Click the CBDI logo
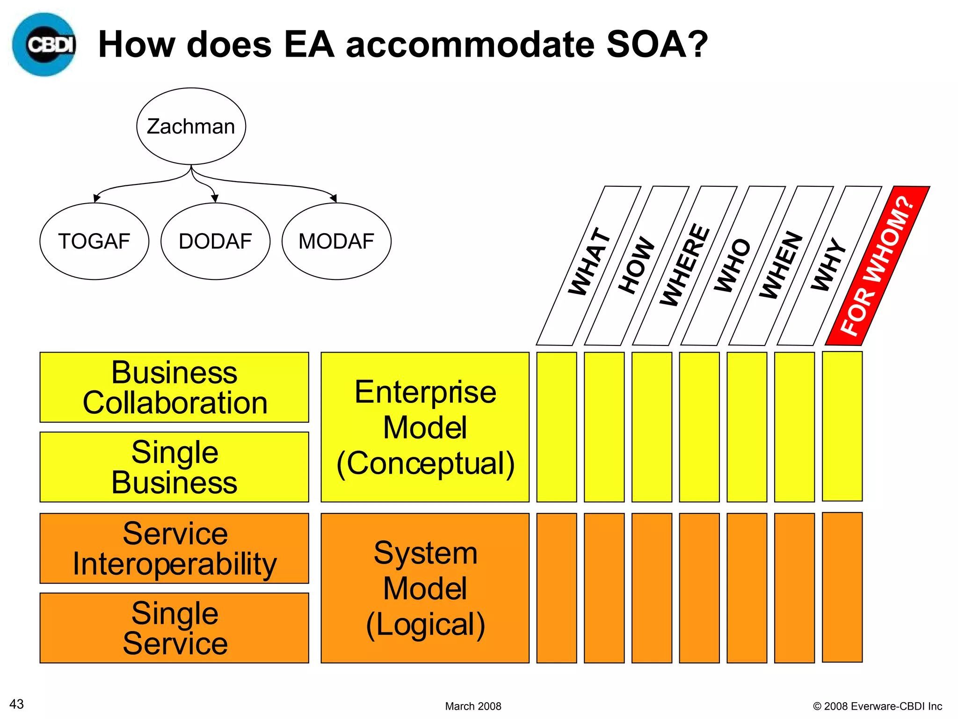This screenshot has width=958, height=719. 44,44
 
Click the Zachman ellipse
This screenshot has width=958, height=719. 191,126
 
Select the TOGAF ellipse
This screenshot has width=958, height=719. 94,242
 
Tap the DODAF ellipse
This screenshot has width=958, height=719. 215,242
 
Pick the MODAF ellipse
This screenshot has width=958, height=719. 336,242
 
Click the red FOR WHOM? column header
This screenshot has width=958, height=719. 877,266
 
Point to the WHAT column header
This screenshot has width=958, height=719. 588,266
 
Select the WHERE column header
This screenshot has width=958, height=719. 685,266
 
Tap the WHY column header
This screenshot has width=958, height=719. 829,266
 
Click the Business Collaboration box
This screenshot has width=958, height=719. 174,387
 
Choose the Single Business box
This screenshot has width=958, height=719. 174,467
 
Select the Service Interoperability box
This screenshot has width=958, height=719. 174,548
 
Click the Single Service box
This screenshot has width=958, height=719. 174,628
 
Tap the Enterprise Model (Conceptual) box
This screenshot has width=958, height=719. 425,427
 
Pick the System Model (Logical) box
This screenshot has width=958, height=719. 425,588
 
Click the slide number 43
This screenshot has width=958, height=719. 17,704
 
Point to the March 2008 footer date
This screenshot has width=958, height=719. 473,706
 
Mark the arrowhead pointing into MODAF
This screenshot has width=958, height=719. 334,198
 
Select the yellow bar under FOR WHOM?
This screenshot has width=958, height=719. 842,426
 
